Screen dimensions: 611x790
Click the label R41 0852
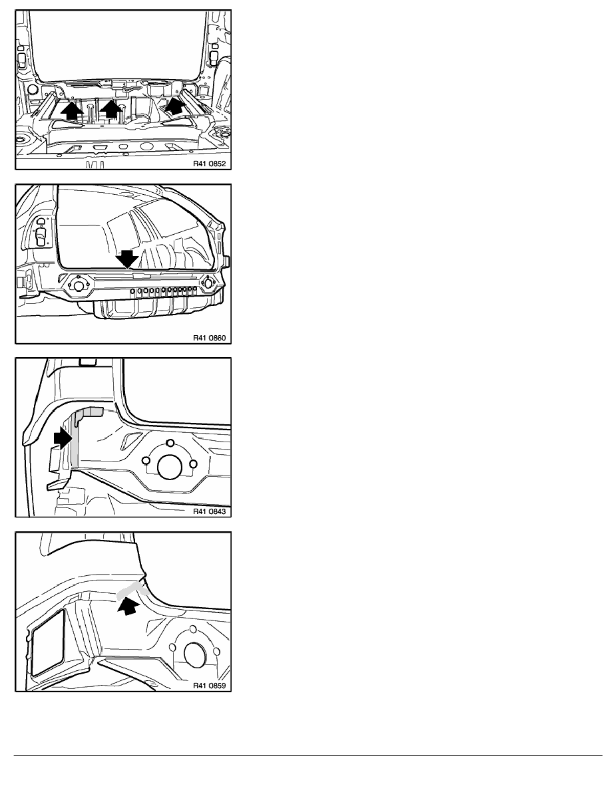209,164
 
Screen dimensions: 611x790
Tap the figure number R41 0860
209,338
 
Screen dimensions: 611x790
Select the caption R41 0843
209,511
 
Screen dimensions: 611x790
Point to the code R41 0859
209,685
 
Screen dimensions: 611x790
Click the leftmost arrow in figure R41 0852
72,110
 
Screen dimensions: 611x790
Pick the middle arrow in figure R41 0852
111,109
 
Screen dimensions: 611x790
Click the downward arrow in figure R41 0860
126,259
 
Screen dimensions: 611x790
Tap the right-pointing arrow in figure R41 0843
63,438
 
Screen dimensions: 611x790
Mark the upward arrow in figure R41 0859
128,604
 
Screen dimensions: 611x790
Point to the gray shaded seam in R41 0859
131,591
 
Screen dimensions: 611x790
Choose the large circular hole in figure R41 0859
196,654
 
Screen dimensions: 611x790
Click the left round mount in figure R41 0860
78,285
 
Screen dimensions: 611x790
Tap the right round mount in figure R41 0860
208,283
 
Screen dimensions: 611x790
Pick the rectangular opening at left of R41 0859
49,642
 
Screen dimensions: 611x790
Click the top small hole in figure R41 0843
170,443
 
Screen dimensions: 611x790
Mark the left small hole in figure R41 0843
146,460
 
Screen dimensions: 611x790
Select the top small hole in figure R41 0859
194,629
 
